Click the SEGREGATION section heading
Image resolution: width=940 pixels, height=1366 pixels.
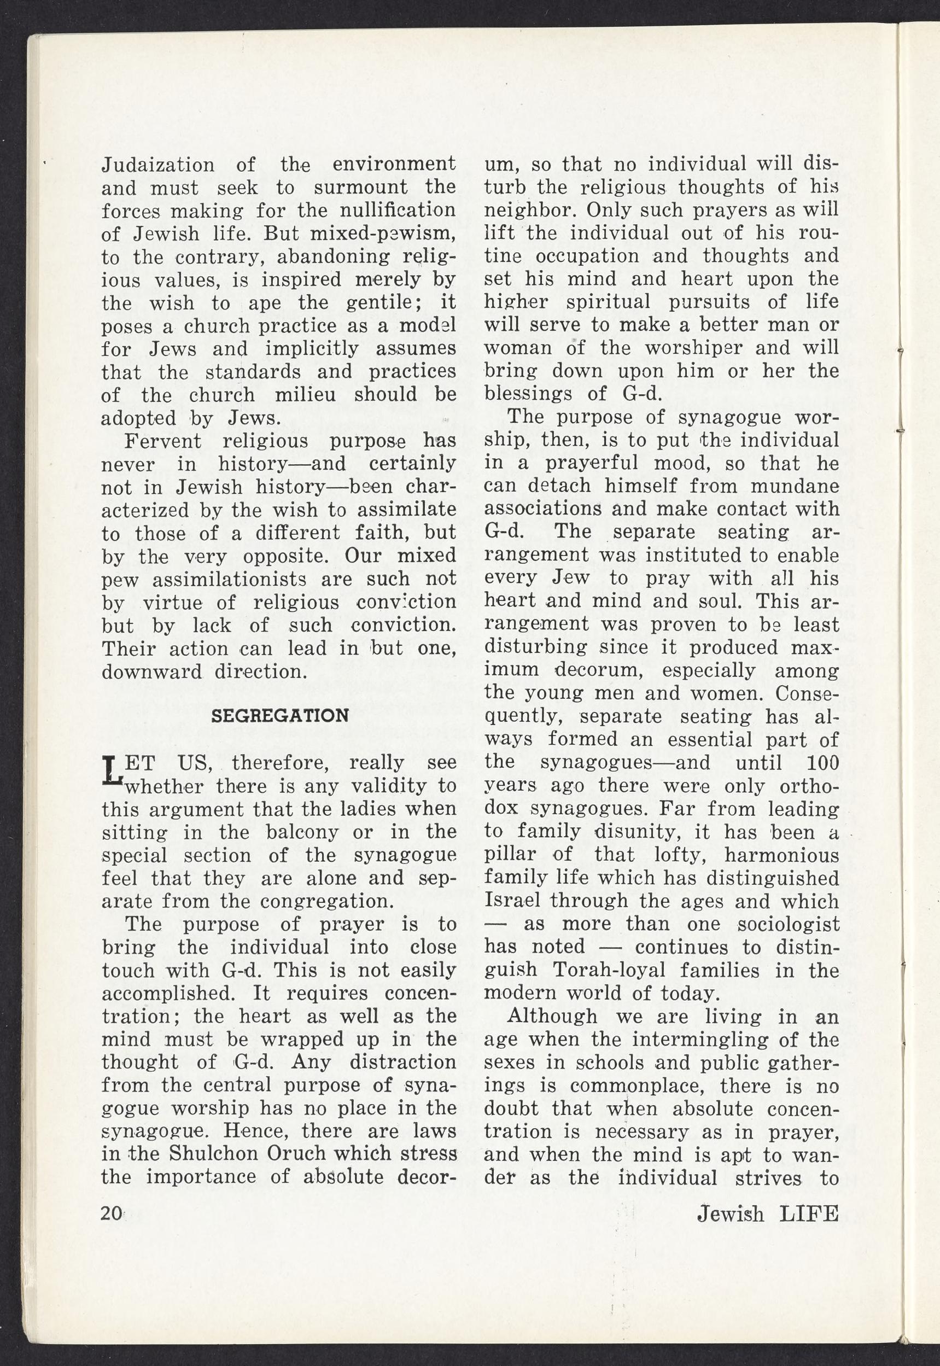coord(279,716)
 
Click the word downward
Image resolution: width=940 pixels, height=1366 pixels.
coord(152,672)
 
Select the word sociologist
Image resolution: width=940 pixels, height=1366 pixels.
coord(789,924)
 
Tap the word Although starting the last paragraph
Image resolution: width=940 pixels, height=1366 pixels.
coord(552,1017)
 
